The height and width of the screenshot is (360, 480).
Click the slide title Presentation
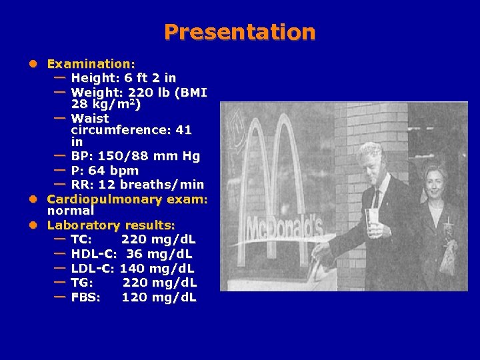click(240, 32)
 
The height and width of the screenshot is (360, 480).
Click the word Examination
click(91, 64)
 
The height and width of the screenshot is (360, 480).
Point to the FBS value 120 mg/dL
click(159, 297)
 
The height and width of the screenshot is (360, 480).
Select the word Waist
click(89, 118)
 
